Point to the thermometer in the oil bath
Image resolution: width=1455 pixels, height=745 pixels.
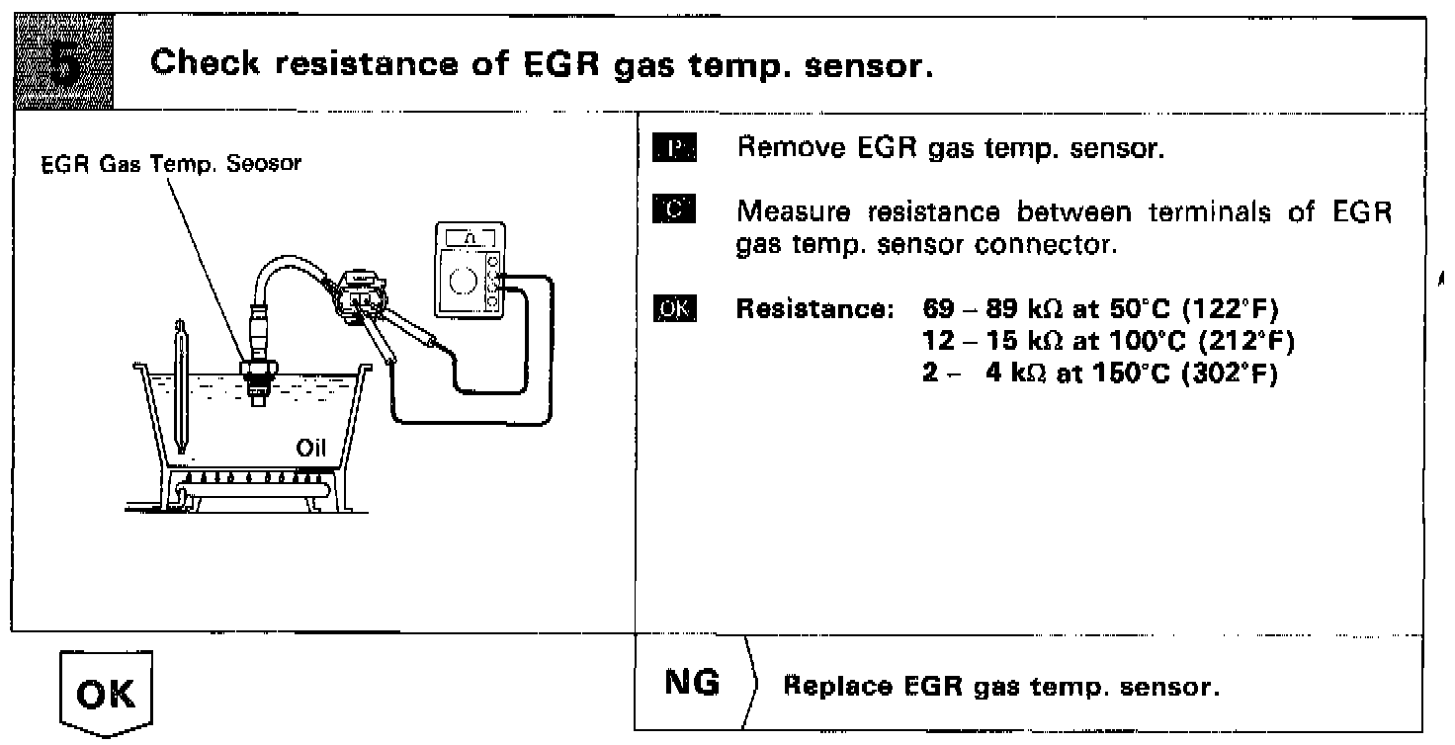click(180, 385)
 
